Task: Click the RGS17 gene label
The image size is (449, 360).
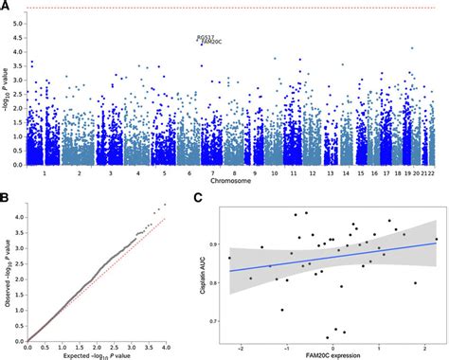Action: tap(206, 38)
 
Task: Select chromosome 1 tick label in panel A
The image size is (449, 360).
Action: tap(33, 172)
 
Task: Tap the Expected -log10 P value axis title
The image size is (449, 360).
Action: tap(95, 353)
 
